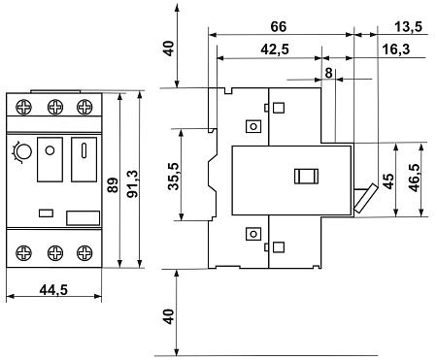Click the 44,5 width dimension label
pyautogui.click(x=53, y=290)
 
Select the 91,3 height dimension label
pyautogui.click(x=133, y=183)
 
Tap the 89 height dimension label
pyautogui.click(x=113, y=185)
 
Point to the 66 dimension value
pyautogui.click(x=279, y=26)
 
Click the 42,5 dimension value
pyautogui.click(x=275, y=49)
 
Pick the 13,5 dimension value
pyautogui.click(x=409, y=26)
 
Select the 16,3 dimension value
pyautogui.click(x=396, y=49)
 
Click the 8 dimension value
pyautogui.click(x=328, y=73)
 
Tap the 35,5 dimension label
pyautogui.click(x=174, y=177)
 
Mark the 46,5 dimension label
pyautogui.click(x=415, y=179)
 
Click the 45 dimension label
pyautogui.click(x=388, y=181)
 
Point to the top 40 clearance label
pyautogui.click(x=169, y=49)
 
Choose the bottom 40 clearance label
pyautogui.click(x=169, y=316)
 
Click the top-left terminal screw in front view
pyautogui.click(x=24, y=107)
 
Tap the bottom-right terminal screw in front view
pyautogui.click(x=84, y=252)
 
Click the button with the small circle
pyautogui.click(x=50, y=159)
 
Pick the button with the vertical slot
pyautogui.click(x=84, y=159)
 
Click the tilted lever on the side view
pyautogui.click(x=366, y=198)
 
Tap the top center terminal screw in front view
pyautogui.click(x=55, y=107)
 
